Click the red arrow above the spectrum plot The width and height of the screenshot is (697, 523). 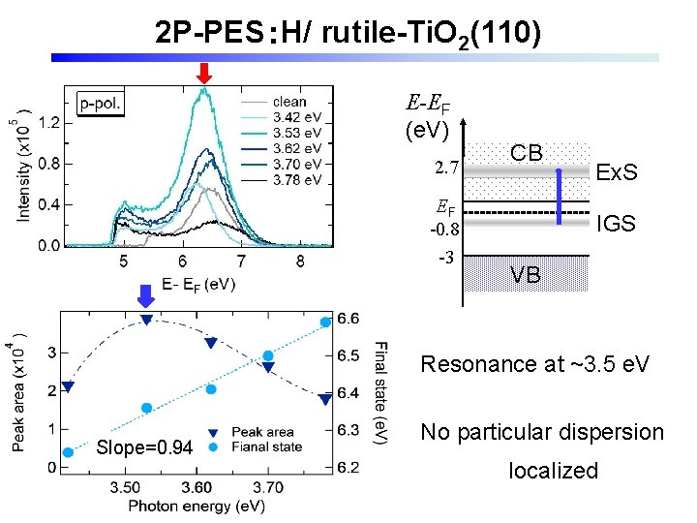[203, 73]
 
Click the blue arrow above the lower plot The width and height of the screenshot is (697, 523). [145, 294]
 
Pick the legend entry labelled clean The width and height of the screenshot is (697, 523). [289, 102]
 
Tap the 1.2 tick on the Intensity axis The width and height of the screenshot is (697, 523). [48, 122]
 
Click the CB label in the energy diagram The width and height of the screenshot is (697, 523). [527, 153]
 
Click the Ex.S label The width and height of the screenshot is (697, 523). [617, 173]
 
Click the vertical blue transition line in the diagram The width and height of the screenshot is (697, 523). [559, 197]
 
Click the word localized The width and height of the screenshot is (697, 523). [554, 471]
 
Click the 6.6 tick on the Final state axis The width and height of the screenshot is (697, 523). [349, 319]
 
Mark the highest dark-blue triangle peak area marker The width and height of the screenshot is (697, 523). [146, 320]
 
